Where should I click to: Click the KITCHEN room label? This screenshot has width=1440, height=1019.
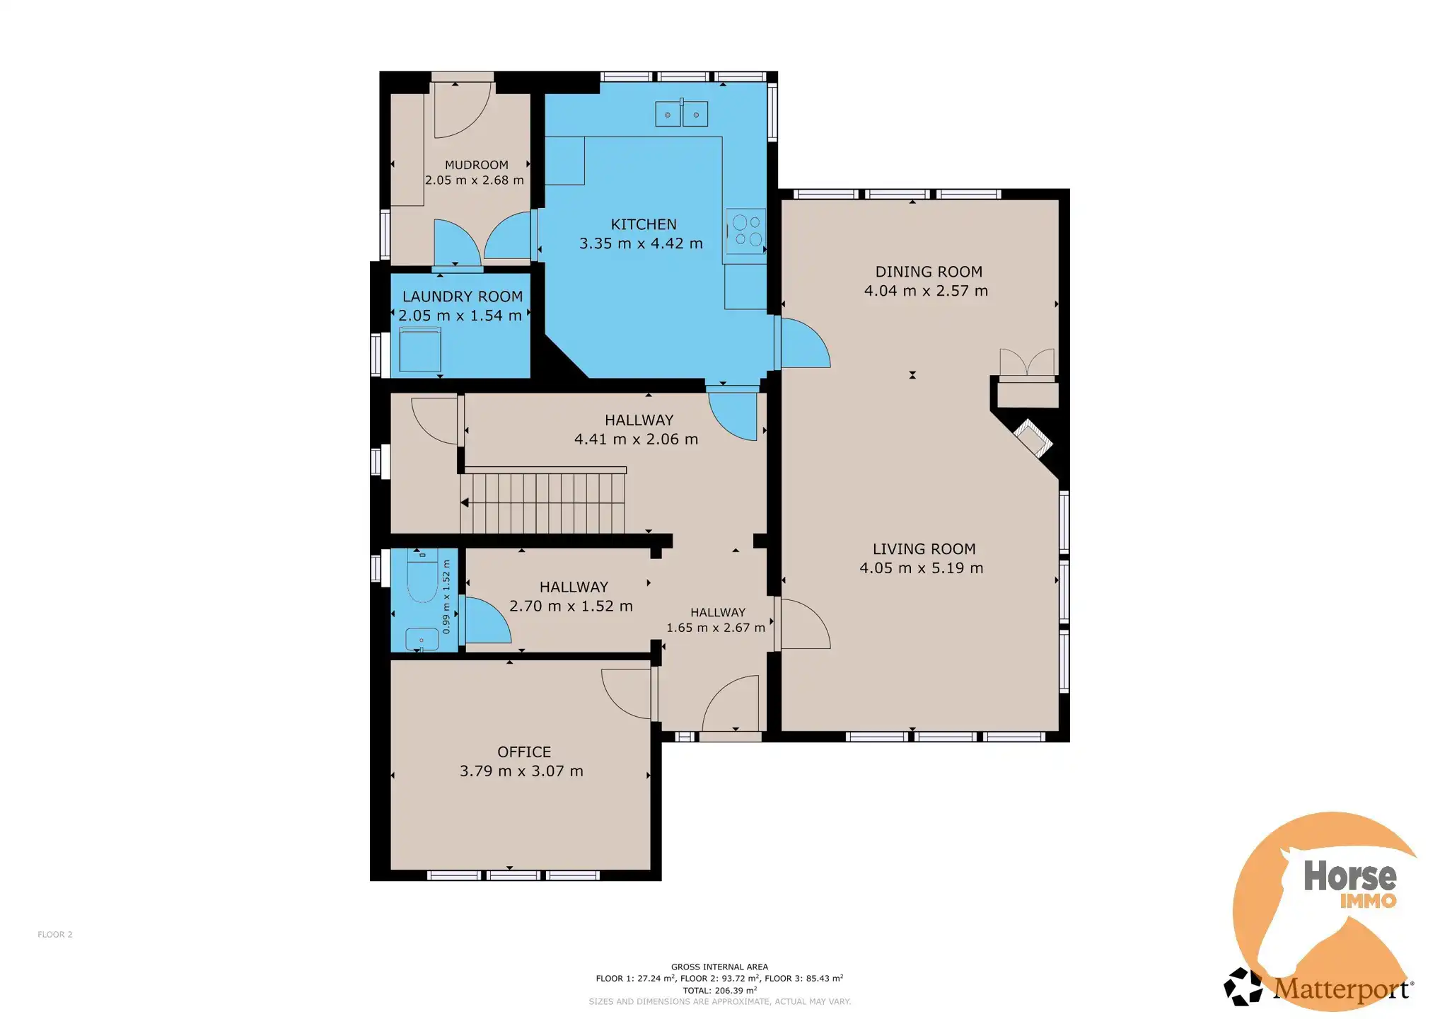(644, 224)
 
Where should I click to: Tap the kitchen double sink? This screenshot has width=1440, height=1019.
(682, 113)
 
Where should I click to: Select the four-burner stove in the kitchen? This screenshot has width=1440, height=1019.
(745, 231)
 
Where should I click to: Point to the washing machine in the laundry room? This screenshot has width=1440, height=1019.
(420, 349)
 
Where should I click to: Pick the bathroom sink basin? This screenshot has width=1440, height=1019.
(422, 638)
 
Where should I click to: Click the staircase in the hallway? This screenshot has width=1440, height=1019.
(542, 503)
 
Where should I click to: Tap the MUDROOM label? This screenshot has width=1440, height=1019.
(477, 165)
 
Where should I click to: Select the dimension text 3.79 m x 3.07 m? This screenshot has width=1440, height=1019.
(522, 771)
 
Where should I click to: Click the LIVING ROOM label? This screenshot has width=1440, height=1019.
(924, 549)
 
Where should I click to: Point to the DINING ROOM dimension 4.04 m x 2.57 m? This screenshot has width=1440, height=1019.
(926, 291)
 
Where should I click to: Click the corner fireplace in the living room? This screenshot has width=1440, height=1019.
(1034, 437)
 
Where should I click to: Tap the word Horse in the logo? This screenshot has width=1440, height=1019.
(1350, 876)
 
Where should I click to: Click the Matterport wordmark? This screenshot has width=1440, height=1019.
(1342, 989)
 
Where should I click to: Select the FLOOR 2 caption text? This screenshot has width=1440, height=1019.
(55, 935)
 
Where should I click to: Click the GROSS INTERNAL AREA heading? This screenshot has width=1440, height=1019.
(719, 967)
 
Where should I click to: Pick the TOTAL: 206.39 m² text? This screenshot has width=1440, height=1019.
(719, 991)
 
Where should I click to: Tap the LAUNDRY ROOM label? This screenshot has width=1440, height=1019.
(463, 297)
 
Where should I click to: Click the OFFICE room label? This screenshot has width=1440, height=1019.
(524, 752)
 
